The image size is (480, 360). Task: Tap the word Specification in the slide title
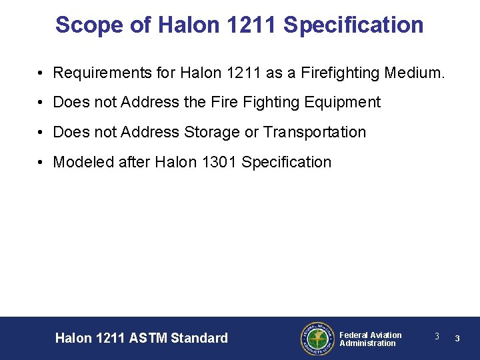pos(353,25)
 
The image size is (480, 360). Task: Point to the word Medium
pos(415,72)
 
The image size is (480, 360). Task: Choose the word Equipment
pos(343,102)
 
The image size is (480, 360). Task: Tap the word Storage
pos(211,132)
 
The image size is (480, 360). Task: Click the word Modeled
pos(80,162)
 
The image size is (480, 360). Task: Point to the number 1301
pos(217,162)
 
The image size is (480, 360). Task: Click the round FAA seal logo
pos(317,339)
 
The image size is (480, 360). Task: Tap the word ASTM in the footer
pos(145,338)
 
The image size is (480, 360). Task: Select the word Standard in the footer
pos(199,338)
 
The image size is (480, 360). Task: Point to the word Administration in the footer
pos(367,343)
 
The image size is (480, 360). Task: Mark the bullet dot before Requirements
pos(41,73)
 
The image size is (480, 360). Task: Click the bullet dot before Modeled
pos(41,163)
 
